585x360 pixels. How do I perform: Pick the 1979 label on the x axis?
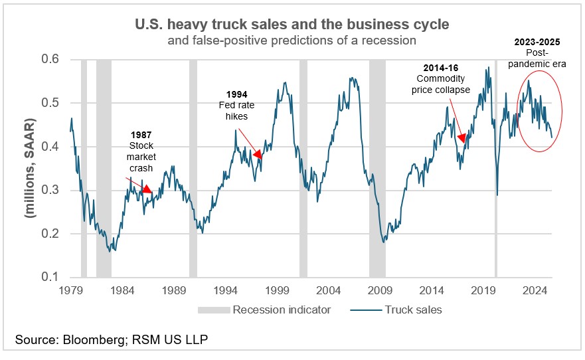(70, 290)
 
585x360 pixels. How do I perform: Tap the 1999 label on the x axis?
(276, 290)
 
